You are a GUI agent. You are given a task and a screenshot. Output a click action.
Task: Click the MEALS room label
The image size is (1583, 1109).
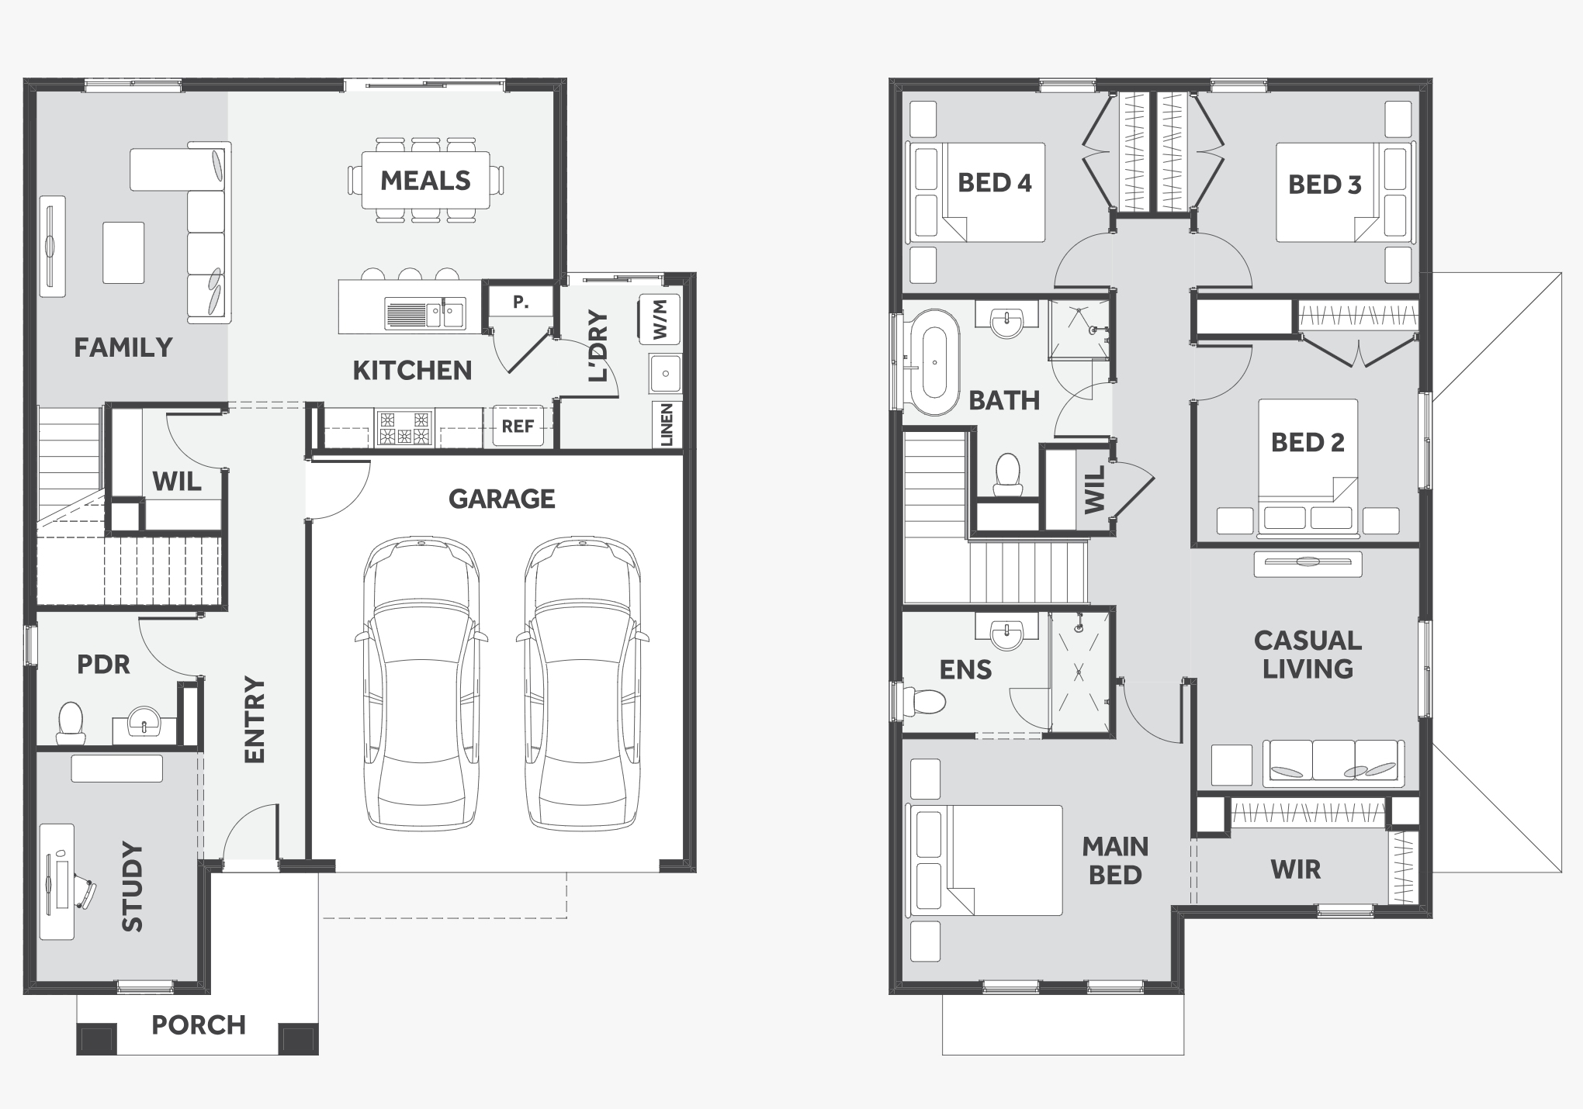425,181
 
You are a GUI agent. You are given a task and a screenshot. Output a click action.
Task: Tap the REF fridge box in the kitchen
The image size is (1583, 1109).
518,426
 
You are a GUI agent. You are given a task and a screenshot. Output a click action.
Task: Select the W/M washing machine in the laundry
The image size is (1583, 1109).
660,319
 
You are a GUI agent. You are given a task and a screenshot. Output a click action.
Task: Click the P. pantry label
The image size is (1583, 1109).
521,302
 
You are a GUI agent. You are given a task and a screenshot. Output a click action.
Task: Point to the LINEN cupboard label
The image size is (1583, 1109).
667,424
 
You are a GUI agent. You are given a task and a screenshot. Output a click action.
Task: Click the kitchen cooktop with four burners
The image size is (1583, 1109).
404,428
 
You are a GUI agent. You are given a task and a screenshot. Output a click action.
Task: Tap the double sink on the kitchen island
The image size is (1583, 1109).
425,315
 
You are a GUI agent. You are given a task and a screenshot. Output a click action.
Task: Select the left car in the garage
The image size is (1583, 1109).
421,684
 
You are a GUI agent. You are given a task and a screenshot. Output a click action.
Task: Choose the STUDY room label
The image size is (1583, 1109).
133,886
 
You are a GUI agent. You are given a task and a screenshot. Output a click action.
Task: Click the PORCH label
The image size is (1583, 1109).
199,1024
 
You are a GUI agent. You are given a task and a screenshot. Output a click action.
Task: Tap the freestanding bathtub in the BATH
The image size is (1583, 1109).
934,362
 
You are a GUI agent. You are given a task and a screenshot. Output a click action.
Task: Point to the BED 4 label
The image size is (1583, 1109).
995,183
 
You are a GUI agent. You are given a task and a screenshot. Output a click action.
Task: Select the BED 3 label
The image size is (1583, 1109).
1325,185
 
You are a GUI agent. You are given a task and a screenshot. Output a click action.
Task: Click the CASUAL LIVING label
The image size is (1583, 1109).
1308,654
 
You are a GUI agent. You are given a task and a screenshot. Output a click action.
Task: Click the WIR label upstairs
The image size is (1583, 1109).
1296,869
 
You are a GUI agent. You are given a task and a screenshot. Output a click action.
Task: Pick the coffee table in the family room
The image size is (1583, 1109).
124,253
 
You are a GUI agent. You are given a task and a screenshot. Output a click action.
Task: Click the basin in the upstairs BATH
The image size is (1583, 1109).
1006,321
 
